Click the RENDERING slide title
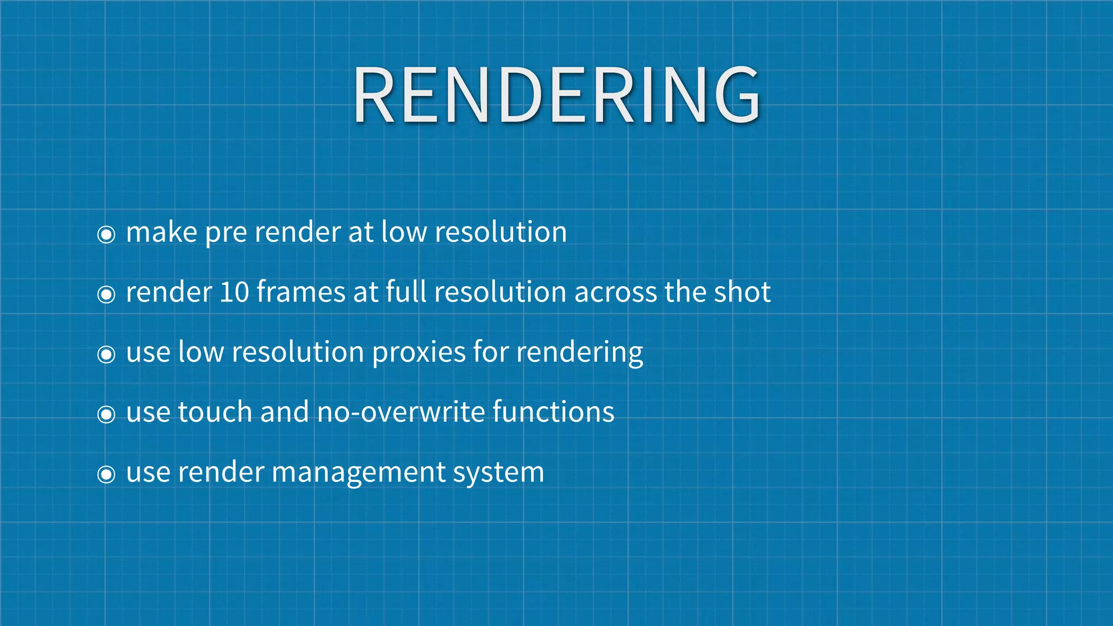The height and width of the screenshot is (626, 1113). pos(556,95)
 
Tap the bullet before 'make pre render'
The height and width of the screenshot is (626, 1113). pos(106,235)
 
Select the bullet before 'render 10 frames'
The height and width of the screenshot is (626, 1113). pos(106,295)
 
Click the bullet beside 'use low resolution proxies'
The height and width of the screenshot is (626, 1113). pos(106,354)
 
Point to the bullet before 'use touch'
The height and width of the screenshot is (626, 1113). pos(106,415)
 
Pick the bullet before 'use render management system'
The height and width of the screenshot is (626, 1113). pos(106,474)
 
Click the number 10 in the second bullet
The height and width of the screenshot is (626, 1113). pos(234,292)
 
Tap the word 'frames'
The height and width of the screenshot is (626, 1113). pos(301,292)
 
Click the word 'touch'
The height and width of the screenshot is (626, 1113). pos(215,412)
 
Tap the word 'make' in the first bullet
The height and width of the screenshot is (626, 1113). pos(161,233)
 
